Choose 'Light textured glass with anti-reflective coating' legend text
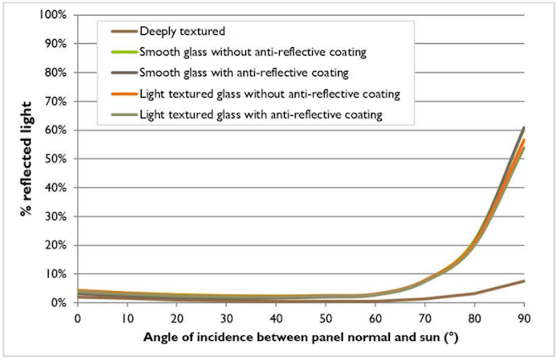coord(263,115)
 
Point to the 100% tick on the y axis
coord(51,16)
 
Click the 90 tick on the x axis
coord(524,319)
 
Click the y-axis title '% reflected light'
coord(27,159)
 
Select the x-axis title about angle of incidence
coord(300,339)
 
